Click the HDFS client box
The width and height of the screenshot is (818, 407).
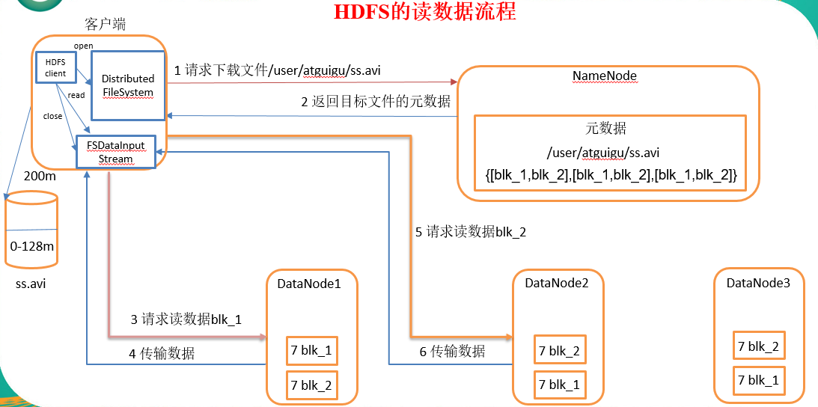coord(55,67)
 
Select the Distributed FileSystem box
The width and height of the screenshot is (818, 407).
coord(128,85)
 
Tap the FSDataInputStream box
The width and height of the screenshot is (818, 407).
coord(115,152)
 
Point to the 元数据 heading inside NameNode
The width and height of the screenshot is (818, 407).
coord(605,128)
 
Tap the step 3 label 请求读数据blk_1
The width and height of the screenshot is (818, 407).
coord(186,319)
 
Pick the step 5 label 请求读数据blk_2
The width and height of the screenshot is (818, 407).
coord(471,232)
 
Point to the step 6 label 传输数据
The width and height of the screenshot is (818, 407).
coord(451,351)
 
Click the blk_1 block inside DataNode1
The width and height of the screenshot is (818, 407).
coord(311,350)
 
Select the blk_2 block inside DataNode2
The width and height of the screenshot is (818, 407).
coord(558,350)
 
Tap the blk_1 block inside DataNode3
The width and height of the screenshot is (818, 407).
coord(759,380)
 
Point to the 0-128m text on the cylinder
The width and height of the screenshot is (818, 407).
coord(31,245)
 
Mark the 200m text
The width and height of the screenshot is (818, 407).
coord(39,177)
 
